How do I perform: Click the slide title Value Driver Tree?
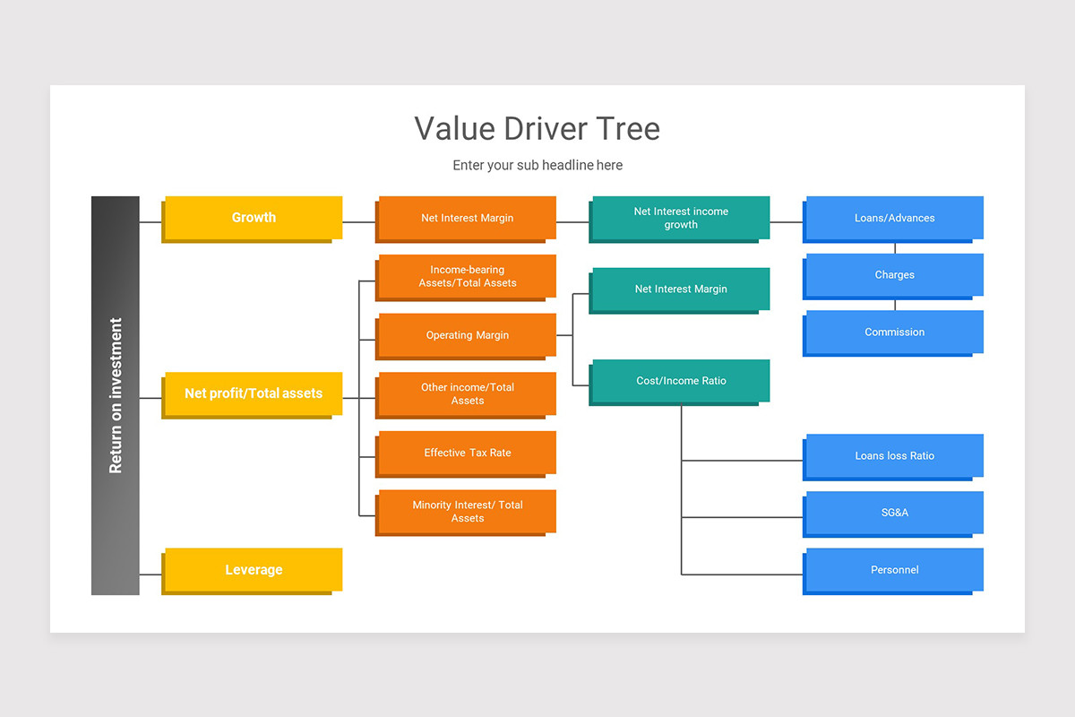click(537, 128)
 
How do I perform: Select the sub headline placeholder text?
click(537, 165)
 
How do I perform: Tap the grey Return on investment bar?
click(116, 395)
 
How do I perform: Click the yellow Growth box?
click(254, 218)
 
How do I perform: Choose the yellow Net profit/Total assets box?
click(254, 393)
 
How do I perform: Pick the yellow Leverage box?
click(254, 570)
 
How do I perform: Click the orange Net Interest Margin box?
click(467, 218)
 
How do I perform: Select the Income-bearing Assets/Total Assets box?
click(467, 276)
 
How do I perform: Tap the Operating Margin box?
click(467, 335)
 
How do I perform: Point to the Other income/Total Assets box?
click(467, 393)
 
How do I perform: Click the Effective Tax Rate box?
click(467, 453)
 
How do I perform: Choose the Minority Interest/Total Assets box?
click(467, 511)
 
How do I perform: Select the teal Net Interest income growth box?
click(680, 218)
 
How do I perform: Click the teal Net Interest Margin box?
click(680, 289)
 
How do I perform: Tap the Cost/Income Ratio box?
click(680, 381)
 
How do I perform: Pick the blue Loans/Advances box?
click(894, 218)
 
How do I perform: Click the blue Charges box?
click(894, 275)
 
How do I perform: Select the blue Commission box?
click(894, 332)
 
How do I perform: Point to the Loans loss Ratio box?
click(894, 455)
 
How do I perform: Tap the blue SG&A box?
click(894, 513)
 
